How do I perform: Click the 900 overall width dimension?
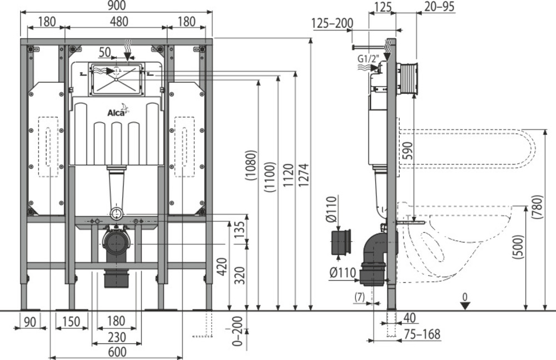(x=117, y=5)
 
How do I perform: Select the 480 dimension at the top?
(x=119, y=21)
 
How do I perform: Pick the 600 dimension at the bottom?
(x=117, y=352)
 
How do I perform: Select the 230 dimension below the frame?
(x=117, y=337)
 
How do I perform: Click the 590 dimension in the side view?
(x=408, y=151)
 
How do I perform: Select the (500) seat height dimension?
(x=519, y=247)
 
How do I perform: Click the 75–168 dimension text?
(x=421, y=334)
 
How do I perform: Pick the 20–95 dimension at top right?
(x=439, y=6)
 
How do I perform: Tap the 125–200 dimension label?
(x=332, y=23)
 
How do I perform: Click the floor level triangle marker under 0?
(x=465, y=306)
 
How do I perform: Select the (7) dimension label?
(x=360, y=297)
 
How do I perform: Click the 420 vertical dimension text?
(x=222, y=267)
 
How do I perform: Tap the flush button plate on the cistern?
(x=117, y=79)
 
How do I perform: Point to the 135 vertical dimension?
(x=240, y=229)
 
